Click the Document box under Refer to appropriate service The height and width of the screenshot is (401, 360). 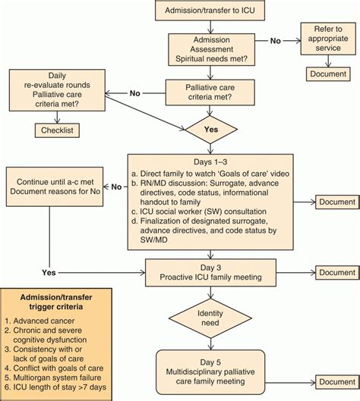click(x=328, y=74)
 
